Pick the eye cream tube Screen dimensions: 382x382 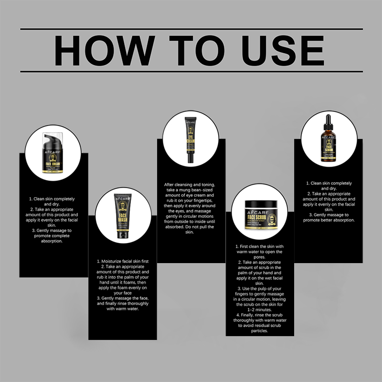point(190,138)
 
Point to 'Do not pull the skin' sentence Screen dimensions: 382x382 point(190,229)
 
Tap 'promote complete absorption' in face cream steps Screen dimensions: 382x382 point(53,238)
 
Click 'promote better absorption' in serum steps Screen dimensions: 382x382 point(329,220)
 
